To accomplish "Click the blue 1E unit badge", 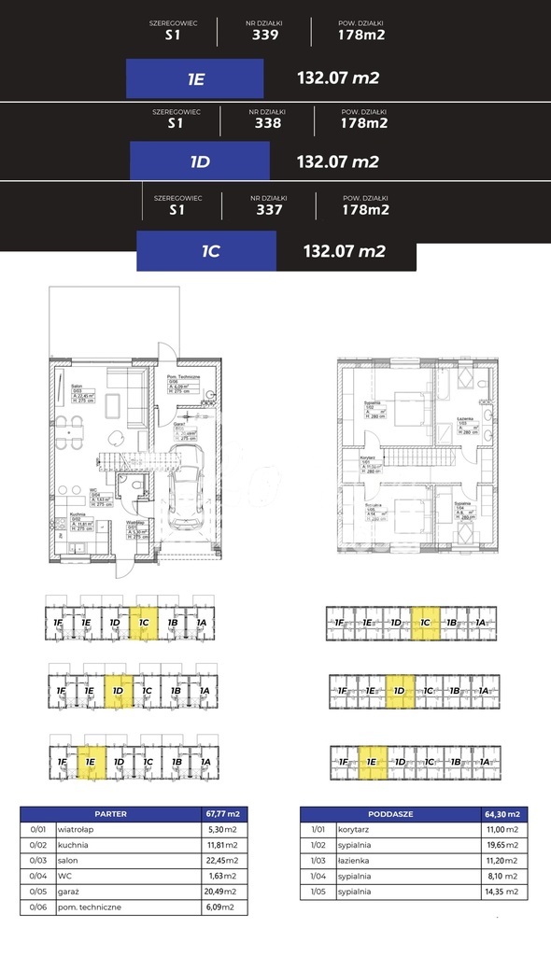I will tap(194, 79).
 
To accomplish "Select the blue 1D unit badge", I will tap(199, 162).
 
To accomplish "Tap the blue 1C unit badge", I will tap(205, 251).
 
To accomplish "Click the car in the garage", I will tap(187, 482).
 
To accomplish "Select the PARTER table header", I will tap(111, 813).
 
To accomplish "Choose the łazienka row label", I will tap(355, 860).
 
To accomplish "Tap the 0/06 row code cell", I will tap(38, 907).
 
